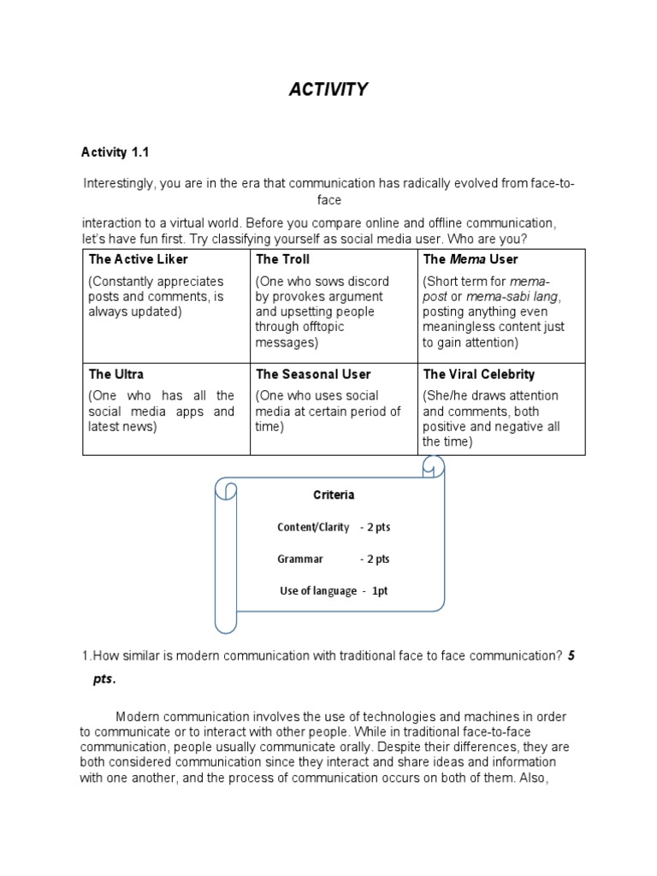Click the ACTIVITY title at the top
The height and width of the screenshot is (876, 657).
[x=328, y=90]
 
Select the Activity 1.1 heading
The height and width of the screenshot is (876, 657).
[x=115, y=152]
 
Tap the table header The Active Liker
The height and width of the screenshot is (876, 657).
[x=138, y=259]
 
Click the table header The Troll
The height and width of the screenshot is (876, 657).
[x=282, y=259]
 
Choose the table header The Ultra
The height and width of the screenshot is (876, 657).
[x=115, y=374]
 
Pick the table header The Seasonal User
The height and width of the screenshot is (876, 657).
[x=313, y=374]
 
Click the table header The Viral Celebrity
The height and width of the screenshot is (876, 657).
[x=478, y=374]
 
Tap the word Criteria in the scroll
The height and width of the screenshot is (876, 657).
[x=333, y=494]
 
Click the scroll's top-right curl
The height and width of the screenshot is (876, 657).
[x=433, y=467]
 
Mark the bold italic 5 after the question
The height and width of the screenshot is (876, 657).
[x=571, y=656]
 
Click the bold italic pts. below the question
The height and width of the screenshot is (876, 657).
[x=104, y=678]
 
